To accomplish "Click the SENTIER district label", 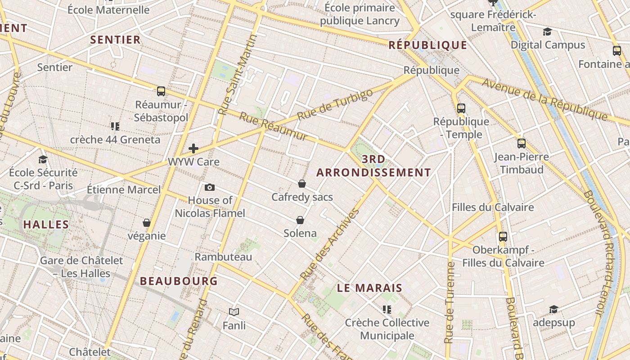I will [x=116, y=40].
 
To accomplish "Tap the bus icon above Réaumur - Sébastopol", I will [x=161, y=91].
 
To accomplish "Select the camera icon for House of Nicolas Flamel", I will [x=210, y=187].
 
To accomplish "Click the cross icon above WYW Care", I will [x=193, y=148].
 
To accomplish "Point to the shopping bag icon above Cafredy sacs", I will [x=302, y=184].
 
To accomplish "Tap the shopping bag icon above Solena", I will [x=300, y=220].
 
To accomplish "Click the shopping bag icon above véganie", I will [x=147, y=223].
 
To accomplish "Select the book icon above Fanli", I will [x=234, y=312].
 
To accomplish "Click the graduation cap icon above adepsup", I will [x=553, y=310].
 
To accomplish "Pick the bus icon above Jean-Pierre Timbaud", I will [x=522, y=144].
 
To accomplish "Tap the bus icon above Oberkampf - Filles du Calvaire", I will [x=503, y=237].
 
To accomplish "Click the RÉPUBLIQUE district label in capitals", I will [x=428, y=45].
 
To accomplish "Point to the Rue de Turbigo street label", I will [x=335, y=105].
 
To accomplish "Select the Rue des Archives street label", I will [x=330, y=243].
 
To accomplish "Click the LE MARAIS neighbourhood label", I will [x=369, y=288].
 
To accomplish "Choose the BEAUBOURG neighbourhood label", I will [x=179, y=281].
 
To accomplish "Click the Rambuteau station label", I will [x=223, y=257].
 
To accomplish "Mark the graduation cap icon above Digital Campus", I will [x=547, y=32].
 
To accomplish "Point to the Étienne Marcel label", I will [x=123, y=189].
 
